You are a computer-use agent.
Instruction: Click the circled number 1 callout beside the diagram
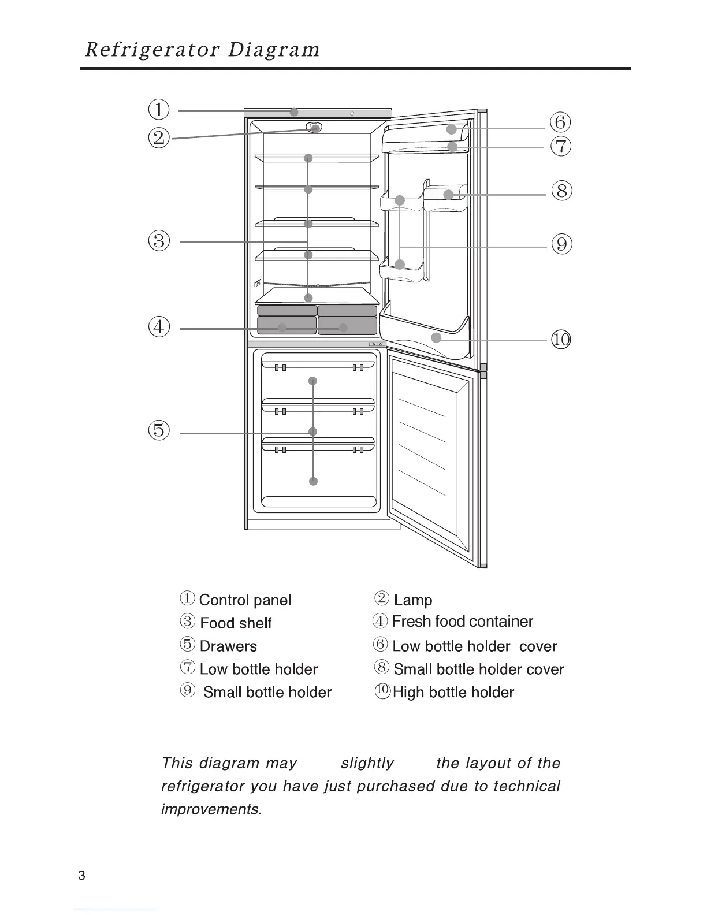pos(159,109)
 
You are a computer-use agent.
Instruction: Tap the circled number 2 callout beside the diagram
pos(159,138)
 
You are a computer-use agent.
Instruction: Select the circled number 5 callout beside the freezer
pos(159,430)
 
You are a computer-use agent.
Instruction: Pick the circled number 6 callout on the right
pos(560,123)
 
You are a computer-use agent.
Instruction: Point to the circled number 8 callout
pos(561,191)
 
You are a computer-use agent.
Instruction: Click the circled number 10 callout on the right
pos(561,339)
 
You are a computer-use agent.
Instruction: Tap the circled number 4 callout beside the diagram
pos(159,328)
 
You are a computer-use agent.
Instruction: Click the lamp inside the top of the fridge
pos(314,128)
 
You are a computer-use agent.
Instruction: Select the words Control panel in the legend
pos(245,600)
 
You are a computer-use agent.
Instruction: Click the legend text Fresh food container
pos(462,622)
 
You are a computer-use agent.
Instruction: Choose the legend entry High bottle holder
pos(453,692)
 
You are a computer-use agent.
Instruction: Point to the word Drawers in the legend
pos(228,646)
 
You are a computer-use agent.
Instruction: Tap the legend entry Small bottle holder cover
pos(478,669)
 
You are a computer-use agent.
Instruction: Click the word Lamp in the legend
pos(413,600)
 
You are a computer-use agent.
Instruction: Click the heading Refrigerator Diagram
pos(202,50)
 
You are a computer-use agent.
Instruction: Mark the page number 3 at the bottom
pos(81,876)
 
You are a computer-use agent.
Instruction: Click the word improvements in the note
pos(211,809)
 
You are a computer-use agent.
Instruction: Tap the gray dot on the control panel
pos(294,112)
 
